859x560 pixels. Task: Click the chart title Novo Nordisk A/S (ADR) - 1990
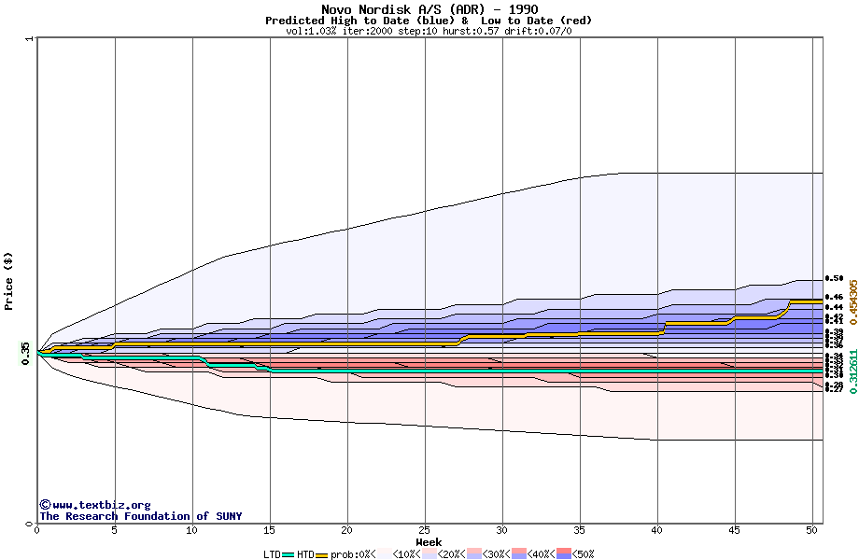coord(429,9)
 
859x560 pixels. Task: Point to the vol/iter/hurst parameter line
coord(429,31)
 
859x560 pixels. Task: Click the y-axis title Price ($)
coord(8,281)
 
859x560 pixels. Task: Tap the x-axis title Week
coord(429,541)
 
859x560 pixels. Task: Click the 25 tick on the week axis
coord(425,530)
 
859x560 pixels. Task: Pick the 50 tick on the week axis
coord(812,530)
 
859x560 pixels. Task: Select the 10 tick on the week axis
coord(192,530)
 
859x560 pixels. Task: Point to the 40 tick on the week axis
coord(657,530)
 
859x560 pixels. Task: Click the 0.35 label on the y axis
coord(25,350)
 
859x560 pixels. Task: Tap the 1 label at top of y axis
coord(29,39)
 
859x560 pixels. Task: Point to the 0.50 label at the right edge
coord(834,278)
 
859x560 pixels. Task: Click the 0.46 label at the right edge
coord(834,297)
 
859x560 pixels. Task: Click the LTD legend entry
coord(272,554)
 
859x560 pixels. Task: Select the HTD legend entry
coord(305,554)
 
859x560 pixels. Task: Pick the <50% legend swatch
coord(564,554)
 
